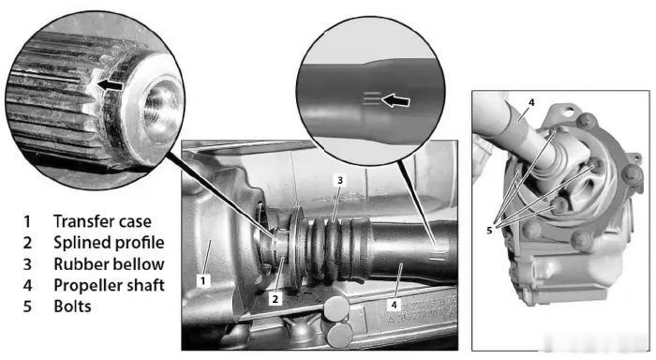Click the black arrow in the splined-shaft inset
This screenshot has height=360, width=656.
(x=110, y=85)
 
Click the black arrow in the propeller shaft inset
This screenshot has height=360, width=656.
(x=395, y=100)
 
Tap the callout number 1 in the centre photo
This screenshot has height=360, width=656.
(x=203, y=280)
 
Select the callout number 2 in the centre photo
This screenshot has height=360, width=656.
(x=275, y=299)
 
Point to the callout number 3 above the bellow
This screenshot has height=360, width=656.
(x=339, y=180)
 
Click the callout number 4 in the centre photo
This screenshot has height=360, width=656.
(x=394, y=306)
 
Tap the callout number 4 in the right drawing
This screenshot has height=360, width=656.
(x=531, y=102)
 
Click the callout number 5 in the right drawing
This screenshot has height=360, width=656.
(x=489, y=230)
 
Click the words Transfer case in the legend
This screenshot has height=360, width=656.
(x=102, y=221)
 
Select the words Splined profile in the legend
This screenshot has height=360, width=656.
(x=109, y=243)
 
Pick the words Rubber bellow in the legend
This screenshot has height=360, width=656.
(x=109, y=264)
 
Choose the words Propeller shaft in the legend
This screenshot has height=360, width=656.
(x=109, y=286)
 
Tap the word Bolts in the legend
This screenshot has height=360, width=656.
(x=72, y=307)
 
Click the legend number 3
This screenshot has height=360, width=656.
(x=27, y=264)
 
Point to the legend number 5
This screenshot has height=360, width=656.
(x=27, y=307)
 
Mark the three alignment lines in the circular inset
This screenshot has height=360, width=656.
(x=372, y=98)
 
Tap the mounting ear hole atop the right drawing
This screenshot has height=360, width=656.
(x=568, y=112)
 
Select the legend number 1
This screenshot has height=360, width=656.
(x=27, y=221)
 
